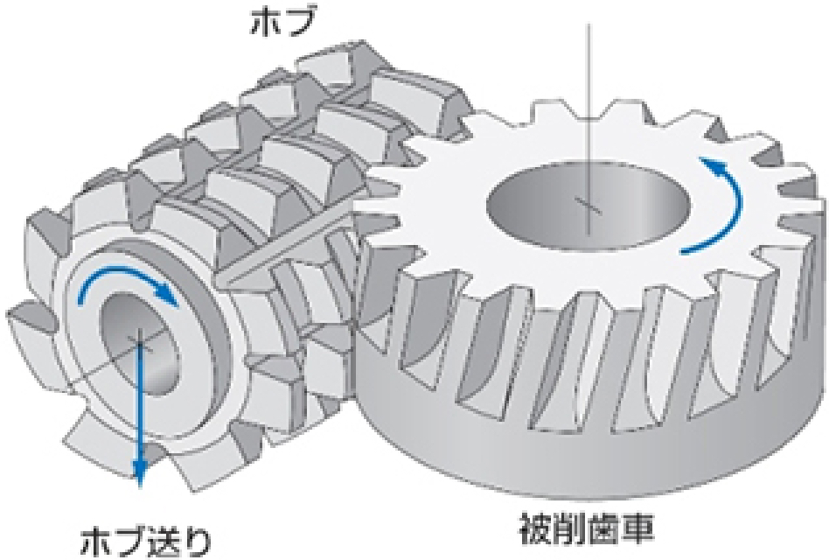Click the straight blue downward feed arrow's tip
pyautogui.click(x=140, y=485)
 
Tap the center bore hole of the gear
pyautogui.click(x=588, y=208)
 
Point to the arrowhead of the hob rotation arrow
pyautogui.click(x=169, y=296)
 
